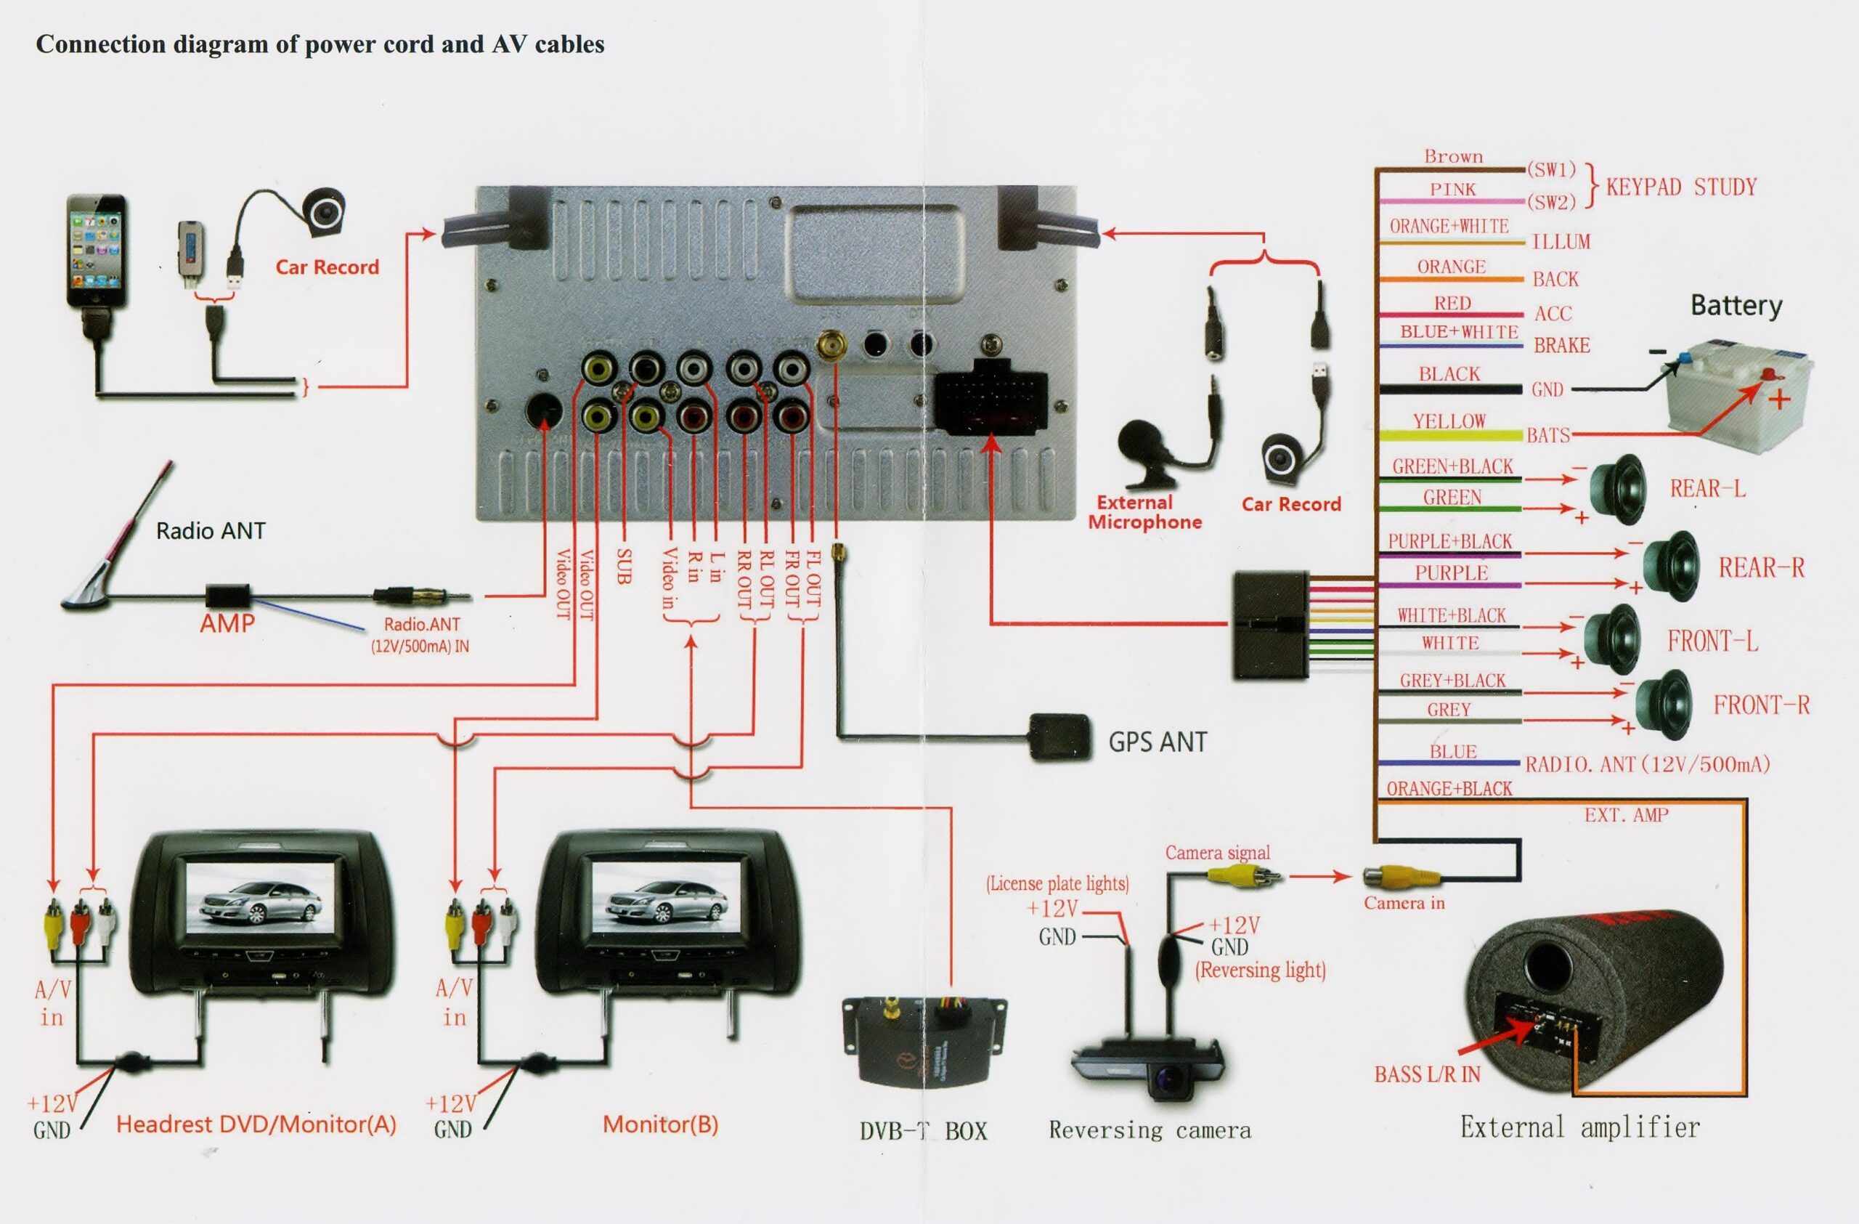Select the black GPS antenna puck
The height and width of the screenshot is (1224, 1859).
1058,737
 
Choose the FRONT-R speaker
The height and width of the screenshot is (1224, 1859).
1664,705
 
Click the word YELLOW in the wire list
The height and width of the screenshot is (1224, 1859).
1449,422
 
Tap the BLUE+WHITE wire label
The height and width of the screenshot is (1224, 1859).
1458,332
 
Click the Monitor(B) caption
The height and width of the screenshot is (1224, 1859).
660,1124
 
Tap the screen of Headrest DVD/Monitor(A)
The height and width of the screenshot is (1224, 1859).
261,904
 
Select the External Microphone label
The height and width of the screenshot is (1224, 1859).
1144,512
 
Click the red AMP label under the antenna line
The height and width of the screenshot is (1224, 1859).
227,623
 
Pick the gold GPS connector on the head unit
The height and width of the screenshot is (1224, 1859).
834,345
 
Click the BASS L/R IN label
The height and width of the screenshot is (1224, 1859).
1427,1075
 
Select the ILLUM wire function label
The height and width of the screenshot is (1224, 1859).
1561,242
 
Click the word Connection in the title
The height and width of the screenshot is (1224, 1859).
100,44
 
